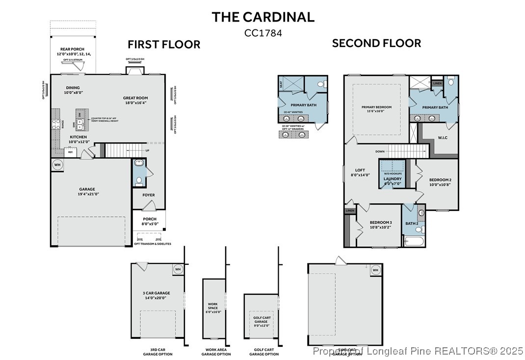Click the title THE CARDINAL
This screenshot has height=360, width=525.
263,17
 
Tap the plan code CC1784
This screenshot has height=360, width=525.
263,33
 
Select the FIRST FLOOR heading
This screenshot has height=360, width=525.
164,45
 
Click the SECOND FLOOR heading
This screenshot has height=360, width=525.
376,43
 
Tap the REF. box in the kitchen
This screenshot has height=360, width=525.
71,153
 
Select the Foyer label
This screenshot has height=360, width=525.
149,195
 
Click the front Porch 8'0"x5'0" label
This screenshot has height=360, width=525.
150,221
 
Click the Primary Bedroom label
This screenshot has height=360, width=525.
376,109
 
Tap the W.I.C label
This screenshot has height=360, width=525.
443,138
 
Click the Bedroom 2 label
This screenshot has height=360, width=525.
440,182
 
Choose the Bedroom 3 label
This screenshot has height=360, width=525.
381,225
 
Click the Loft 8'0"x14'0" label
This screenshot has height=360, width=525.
361,172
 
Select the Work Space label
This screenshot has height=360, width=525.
213,308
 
